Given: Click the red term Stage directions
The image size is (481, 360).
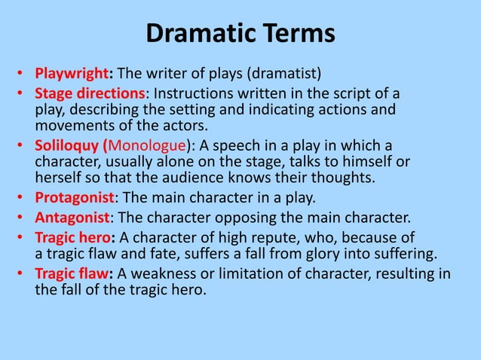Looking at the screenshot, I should coord(90,95).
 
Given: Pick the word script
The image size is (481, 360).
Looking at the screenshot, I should coord(326,95).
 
